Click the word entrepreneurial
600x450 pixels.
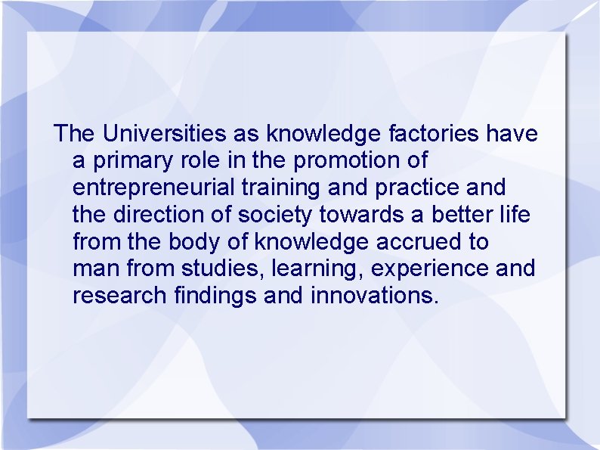pos(147,188)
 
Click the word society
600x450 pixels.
pos(274,216)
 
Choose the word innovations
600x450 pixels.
pos(374,296)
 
